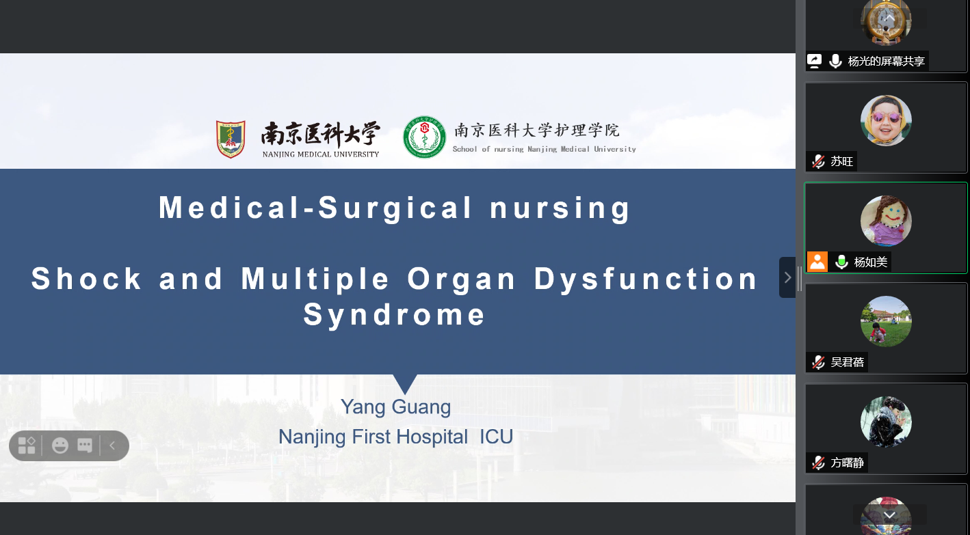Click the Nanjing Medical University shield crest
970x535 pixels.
[231, 139]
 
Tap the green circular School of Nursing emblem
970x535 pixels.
[424, 137]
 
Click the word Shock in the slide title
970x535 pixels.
[86, 279]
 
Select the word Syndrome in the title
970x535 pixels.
[393, 315]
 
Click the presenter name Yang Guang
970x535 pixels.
[395, 408]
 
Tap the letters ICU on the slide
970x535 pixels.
[496, 437]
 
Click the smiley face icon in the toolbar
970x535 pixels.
[60, 445]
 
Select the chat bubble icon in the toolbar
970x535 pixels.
[85, 445]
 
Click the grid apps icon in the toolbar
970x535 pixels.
[27, 445]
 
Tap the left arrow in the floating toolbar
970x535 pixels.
[112, 445]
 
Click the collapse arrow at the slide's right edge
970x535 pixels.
[787, 277]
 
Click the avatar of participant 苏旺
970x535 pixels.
[886, 120]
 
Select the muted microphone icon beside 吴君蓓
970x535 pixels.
[818, 362]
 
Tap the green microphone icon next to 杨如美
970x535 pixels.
[841, 262]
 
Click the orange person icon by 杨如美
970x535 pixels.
[817, 262]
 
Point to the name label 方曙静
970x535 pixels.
[847, 463]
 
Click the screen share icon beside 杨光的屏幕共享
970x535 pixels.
[814, 61]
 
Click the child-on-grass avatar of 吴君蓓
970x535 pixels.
[886, 321]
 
